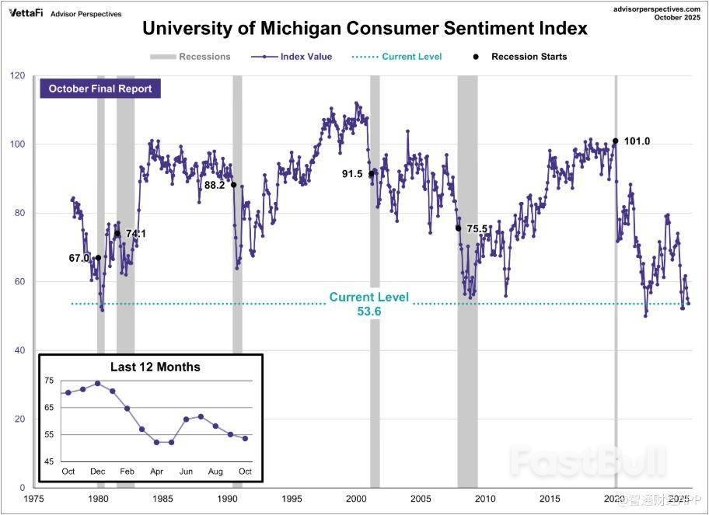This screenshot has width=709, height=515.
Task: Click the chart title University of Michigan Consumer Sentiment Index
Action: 365,30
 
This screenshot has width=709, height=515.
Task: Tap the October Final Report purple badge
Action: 100,89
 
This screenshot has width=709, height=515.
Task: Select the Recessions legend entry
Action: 191,57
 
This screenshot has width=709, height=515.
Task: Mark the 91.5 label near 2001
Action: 352,174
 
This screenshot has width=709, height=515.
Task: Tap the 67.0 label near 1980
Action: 79,258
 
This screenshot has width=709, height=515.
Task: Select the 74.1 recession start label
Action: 136,233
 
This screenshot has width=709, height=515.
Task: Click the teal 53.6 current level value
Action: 368,311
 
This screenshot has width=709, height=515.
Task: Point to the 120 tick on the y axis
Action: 17,76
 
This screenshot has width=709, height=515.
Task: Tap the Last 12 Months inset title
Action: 155,367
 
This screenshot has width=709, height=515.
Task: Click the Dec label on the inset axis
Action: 98,472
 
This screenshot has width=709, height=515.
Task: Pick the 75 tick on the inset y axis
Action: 50,381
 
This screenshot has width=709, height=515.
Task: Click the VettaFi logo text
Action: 25,13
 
